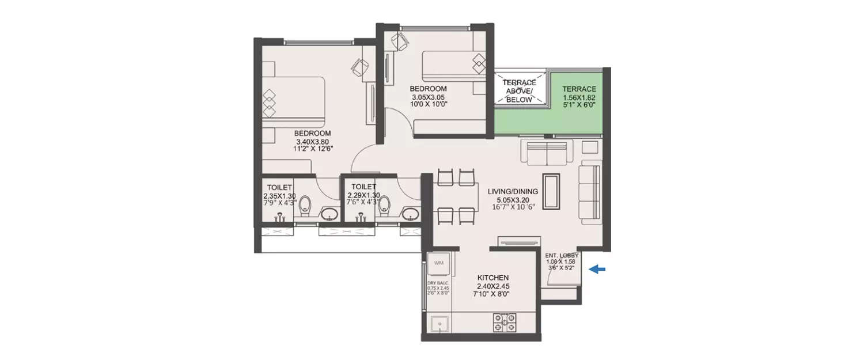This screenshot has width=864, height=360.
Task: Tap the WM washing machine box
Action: [x=439, y=264]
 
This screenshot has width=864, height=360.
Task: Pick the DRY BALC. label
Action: [x=438, y=283]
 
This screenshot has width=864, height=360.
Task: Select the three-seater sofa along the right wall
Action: [x=589, y=192]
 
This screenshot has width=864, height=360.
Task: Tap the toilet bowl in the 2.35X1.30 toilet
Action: [x=306, y=206]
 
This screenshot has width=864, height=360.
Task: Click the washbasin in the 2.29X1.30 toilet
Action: [x=410, y=215]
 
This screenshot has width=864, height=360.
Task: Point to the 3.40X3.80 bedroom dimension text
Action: [x=313, y=141]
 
